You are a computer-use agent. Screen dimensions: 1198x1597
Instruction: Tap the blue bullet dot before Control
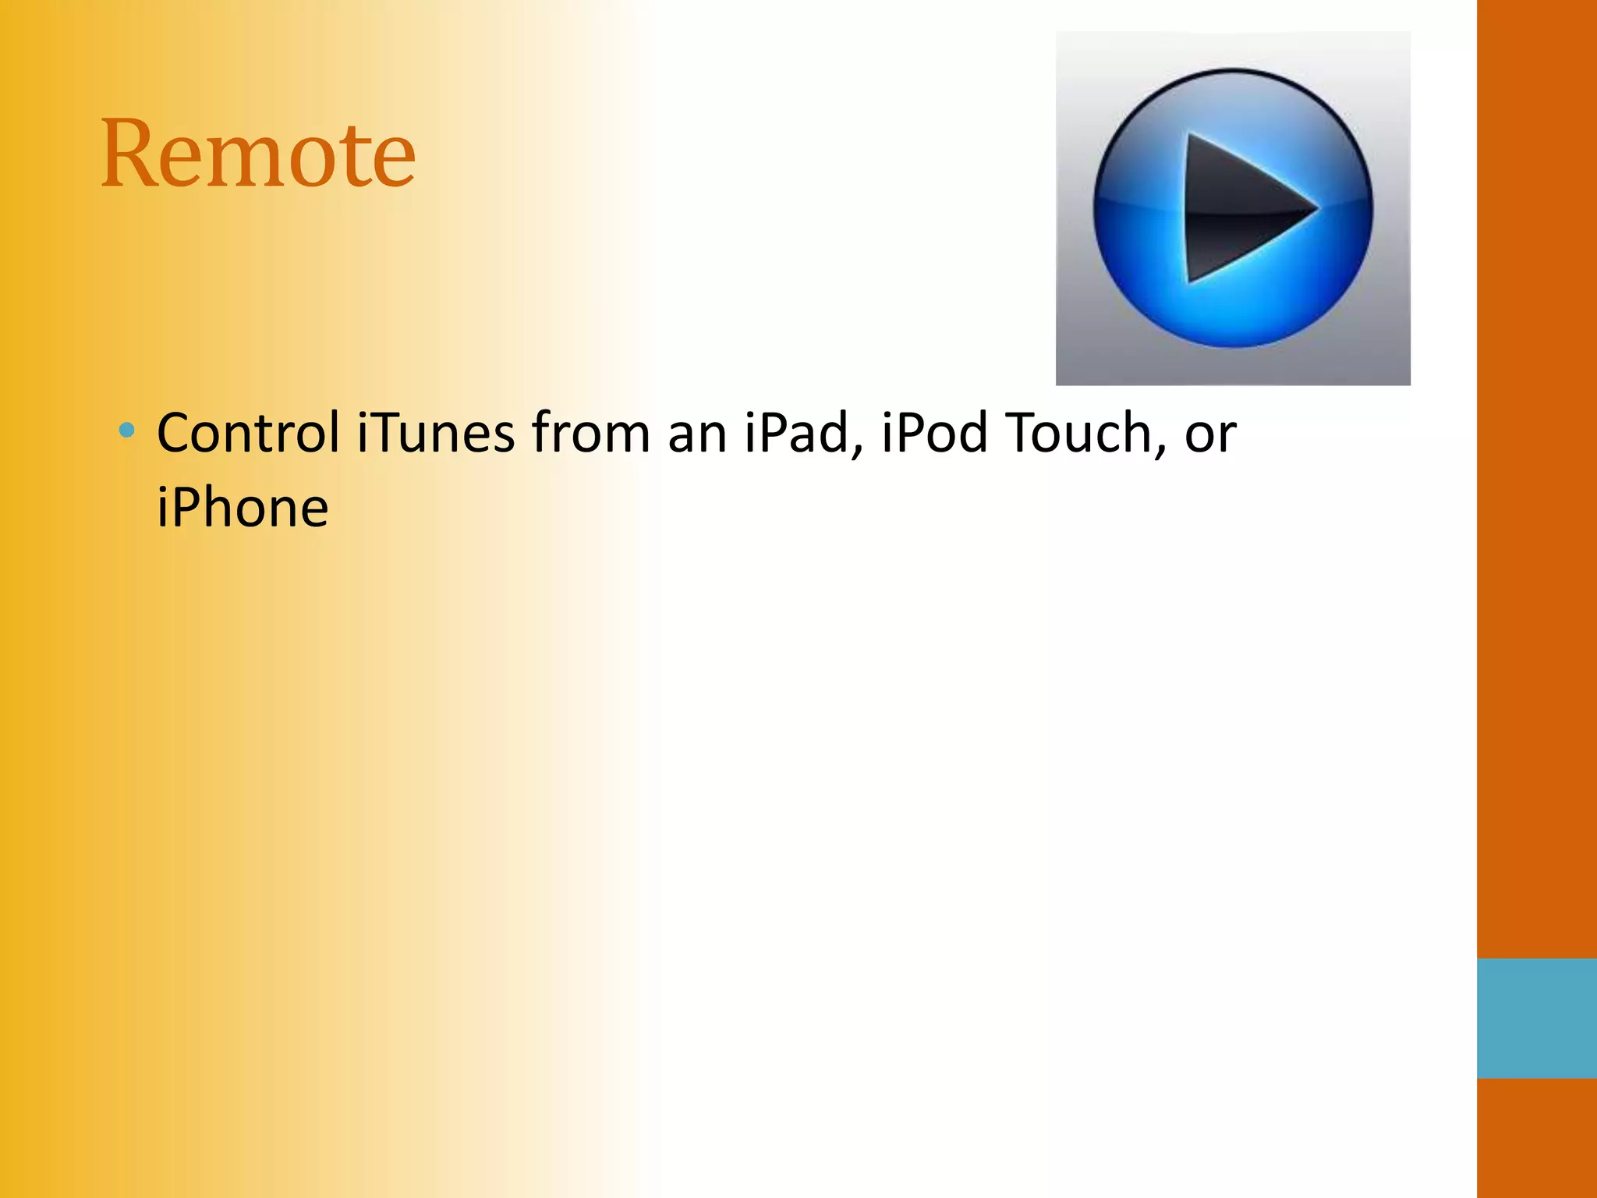pyautogui.click(x=127, y=430)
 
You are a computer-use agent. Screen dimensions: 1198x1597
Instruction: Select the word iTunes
pyautogui.click(x=436, y=433)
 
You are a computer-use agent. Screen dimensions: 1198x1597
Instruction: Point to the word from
pyautogui.click(x=590, y=433)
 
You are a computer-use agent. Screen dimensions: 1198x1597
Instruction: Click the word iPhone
pyautogui.click(x=243, y=509)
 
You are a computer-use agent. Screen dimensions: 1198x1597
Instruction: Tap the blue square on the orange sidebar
pyautogui.click(x=1536, y=1018)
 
